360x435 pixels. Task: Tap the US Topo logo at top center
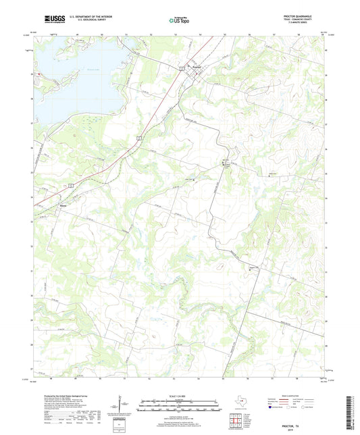click(x=179, y=21)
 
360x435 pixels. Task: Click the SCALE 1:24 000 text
click(x=179, y=396)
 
